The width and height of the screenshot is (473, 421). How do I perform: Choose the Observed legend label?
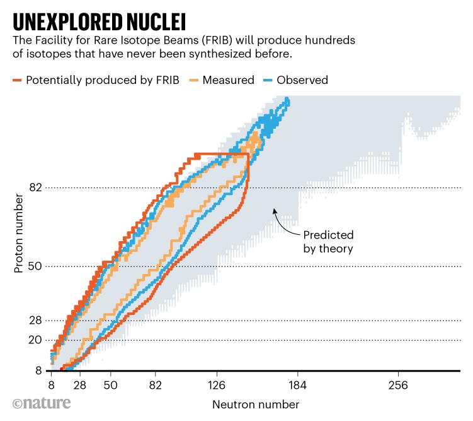point(302,80)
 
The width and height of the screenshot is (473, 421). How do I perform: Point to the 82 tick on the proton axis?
point(36,187)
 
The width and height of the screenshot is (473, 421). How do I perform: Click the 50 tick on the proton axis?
point(36,266)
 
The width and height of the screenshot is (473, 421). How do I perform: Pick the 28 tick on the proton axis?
point(36,320)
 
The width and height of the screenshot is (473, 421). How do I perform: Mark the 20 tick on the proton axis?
point(36,340)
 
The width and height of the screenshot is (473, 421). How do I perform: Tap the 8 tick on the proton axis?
point(38,370)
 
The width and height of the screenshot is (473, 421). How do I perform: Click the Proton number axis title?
point(18,234)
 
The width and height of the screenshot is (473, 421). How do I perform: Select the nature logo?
point(42,403)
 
